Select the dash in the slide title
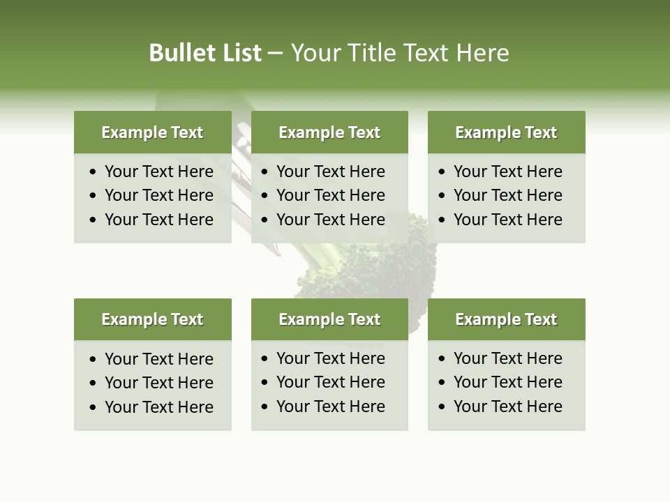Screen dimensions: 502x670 click(275, 54)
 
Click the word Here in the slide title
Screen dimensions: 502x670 click(482, 53)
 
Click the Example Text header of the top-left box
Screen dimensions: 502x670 click(152, 132)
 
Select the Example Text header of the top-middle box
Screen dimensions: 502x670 click(329, 132)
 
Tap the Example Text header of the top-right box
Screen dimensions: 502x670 click(506, 132)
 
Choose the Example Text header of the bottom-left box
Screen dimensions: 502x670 click(152, 319)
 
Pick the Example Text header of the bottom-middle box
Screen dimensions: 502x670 click(329, 319)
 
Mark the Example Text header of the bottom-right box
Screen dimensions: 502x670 click(506, 319)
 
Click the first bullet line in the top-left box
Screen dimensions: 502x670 click(158, 172)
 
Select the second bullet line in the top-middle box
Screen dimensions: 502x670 click(330, 195)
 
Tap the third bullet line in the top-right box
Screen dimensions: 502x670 click(507, 220)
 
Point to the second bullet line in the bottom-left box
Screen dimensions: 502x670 click(158, 383)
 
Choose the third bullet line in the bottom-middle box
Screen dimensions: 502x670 click(330, 406)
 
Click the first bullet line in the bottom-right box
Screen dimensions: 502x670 click(507, 358)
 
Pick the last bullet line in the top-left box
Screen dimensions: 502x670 click(158, 220)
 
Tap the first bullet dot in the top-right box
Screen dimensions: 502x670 click(442, 172)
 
